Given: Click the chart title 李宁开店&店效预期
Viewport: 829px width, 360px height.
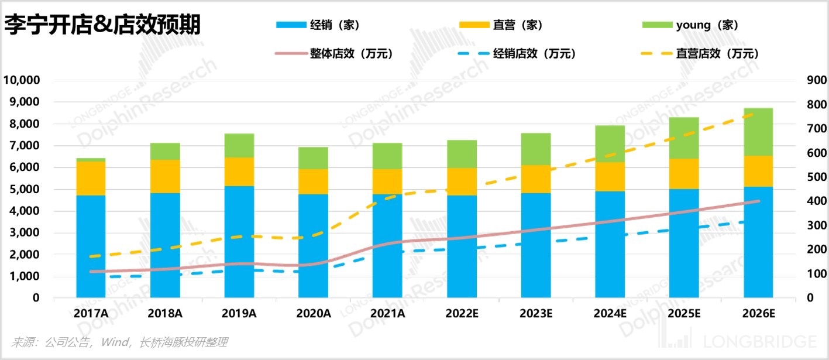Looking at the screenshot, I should pos(102,25).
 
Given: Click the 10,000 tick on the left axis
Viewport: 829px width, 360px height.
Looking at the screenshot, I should pos(22,80).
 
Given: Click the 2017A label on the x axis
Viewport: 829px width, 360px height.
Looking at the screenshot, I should pos(91,313).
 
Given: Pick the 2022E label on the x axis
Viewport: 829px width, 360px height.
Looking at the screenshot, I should pos(462,313).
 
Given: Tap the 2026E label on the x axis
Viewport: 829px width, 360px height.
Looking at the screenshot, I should pos(758,313).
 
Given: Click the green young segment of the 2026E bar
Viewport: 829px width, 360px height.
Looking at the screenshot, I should pos(758,132).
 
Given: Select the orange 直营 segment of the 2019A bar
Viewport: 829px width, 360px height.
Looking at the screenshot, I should pos(239,172).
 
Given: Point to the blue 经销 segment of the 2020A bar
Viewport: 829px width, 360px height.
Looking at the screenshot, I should pos(314,246).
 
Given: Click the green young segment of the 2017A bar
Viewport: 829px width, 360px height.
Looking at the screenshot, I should pos(91,160).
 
